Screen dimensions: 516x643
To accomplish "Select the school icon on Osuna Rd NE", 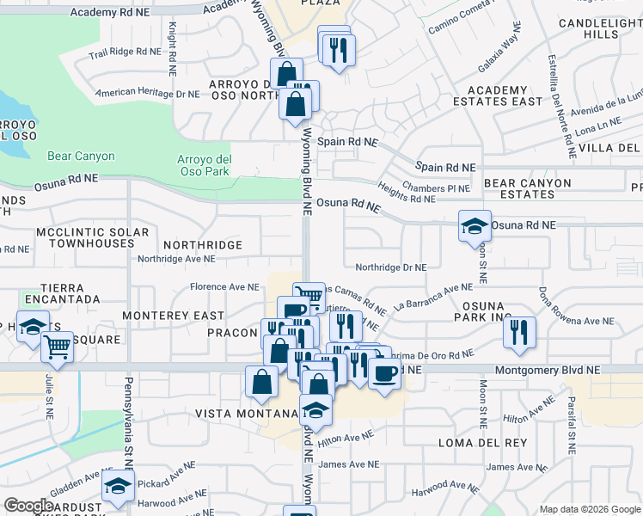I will pyautogui.click(x=475, y=227).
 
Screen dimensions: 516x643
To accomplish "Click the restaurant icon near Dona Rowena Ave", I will pyautogui.click(x=519, y=333).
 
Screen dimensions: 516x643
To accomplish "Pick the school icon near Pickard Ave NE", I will pyautogui.click(x=118, y=488).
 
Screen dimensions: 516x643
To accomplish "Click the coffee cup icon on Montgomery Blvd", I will pyautogui.click(x=384, y=372).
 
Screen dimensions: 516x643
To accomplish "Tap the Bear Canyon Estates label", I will pyautogui.click(x=527, y=188).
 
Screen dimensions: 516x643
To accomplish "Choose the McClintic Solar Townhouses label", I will pyautogui.click(x=93, y=238).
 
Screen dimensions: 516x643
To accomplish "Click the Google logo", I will pyautogui.click(x=28, y=506).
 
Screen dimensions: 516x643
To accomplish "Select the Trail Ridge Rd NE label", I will pyautogui.click(x=126, y=52).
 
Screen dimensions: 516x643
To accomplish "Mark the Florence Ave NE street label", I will pyautogui.click(x=224, y=286).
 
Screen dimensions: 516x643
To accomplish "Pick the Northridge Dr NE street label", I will pyautogui.click(x=390, y=267).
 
